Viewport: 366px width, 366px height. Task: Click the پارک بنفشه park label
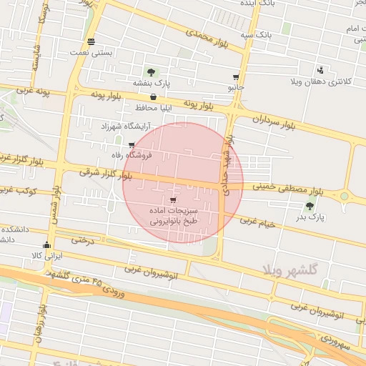pyautogui.click(x=152, y=84)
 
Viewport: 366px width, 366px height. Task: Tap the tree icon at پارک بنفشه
pyautogui.click(x=151, y=72)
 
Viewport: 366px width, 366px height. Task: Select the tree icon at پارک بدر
pyautogui.click(x=310, y=206)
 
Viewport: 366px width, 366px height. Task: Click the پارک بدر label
pyautogui.click(x=310, y=217)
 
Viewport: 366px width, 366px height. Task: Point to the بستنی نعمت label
pyautogui.click(x=90, y=52)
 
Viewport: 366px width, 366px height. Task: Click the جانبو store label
pyautogui.click(x=236, y=87)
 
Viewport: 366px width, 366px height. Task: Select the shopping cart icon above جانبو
pyautogui.click(x=236, y=76)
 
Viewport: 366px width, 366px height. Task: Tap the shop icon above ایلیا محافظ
pyautogui.click(x=154, y=97)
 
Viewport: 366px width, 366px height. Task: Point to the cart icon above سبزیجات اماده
pyautogui.click(x=173, y=200)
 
